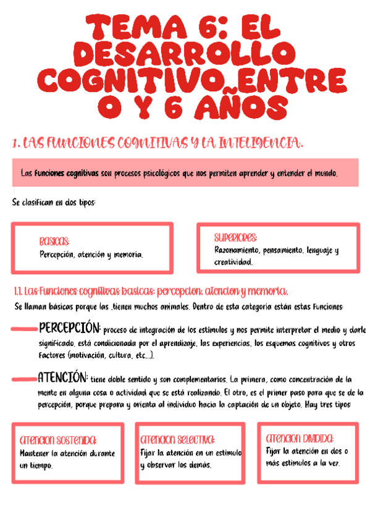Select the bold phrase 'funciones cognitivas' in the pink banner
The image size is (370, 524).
click(x=67, y=174)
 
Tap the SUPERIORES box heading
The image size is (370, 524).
click(x=236, y=238)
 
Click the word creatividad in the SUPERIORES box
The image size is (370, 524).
click(x=233, y=262)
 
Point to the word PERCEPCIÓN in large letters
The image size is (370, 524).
click(x=69, y=327)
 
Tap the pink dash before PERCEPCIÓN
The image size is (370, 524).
click(x=23, y=329)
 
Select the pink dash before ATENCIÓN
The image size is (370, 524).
click(x=23, y=379)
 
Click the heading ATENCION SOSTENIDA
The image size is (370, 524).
click(x=58, y=441)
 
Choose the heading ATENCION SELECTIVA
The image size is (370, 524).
click(x=178, y=440)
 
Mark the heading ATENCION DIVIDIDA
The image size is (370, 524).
click(x=300, y=438)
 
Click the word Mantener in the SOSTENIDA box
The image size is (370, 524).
click(x=33, y=454)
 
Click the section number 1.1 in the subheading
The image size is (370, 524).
click(x=18, y=291)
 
